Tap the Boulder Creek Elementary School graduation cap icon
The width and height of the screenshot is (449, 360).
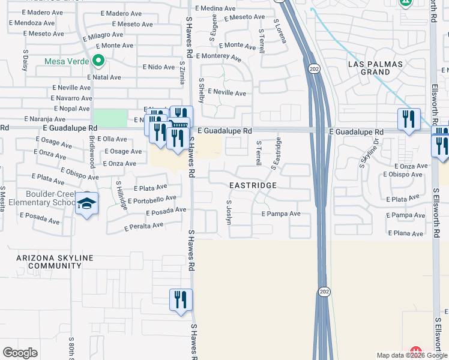coord(87,205)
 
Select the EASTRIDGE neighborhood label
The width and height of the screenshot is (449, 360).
coord(253,186)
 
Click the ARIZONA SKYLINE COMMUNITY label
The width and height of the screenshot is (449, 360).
coord(54,262)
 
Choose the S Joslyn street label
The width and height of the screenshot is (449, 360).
coord(229,212)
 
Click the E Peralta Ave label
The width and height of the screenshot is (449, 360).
coord(143,226)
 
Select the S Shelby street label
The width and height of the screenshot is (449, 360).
coord(202,90)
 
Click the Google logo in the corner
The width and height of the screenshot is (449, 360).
coord(20,353)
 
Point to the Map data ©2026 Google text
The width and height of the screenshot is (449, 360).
coord(411,355)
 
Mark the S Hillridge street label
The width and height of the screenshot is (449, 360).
coord(122,196)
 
